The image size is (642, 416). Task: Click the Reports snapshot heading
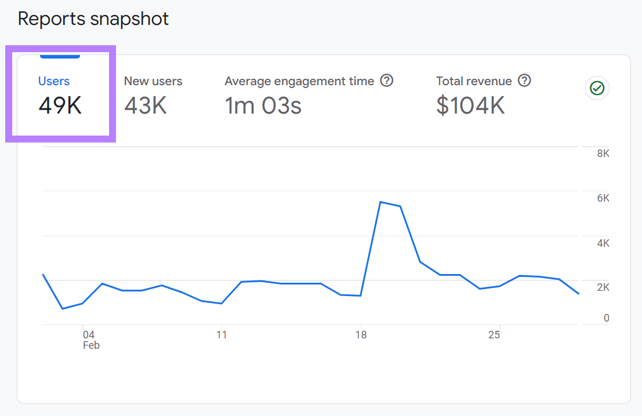pos(93,19)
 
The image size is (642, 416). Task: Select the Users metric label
pos(54,81)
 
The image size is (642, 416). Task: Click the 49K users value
pos(60,105)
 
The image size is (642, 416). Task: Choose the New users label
pos(153,81)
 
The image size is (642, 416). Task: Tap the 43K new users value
pos(146,105)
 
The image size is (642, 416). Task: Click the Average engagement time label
pos(299,81)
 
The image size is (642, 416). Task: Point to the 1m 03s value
pos(263,105)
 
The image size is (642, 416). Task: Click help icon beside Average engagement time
pos(387,81)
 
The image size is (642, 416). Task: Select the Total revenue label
pos(474,81)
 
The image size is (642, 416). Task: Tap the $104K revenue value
pos(470,105)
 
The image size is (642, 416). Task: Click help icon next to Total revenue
pos(524,81)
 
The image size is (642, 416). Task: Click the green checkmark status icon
pos(597,88)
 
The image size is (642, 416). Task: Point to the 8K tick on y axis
pos(603,154)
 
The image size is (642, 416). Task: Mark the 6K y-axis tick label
pos(603,198)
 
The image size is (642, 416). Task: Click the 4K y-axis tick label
pos(603,243)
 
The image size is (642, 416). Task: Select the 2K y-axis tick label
pos(603,287)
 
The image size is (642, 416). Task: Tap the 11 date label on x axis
pos(221,335)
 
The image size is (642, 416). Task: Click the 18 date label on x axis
pos(361,335)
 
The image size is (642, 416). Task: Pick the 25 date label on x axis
pos(494,335)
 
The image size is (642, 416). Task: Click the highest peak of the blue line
pos(380,202)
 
